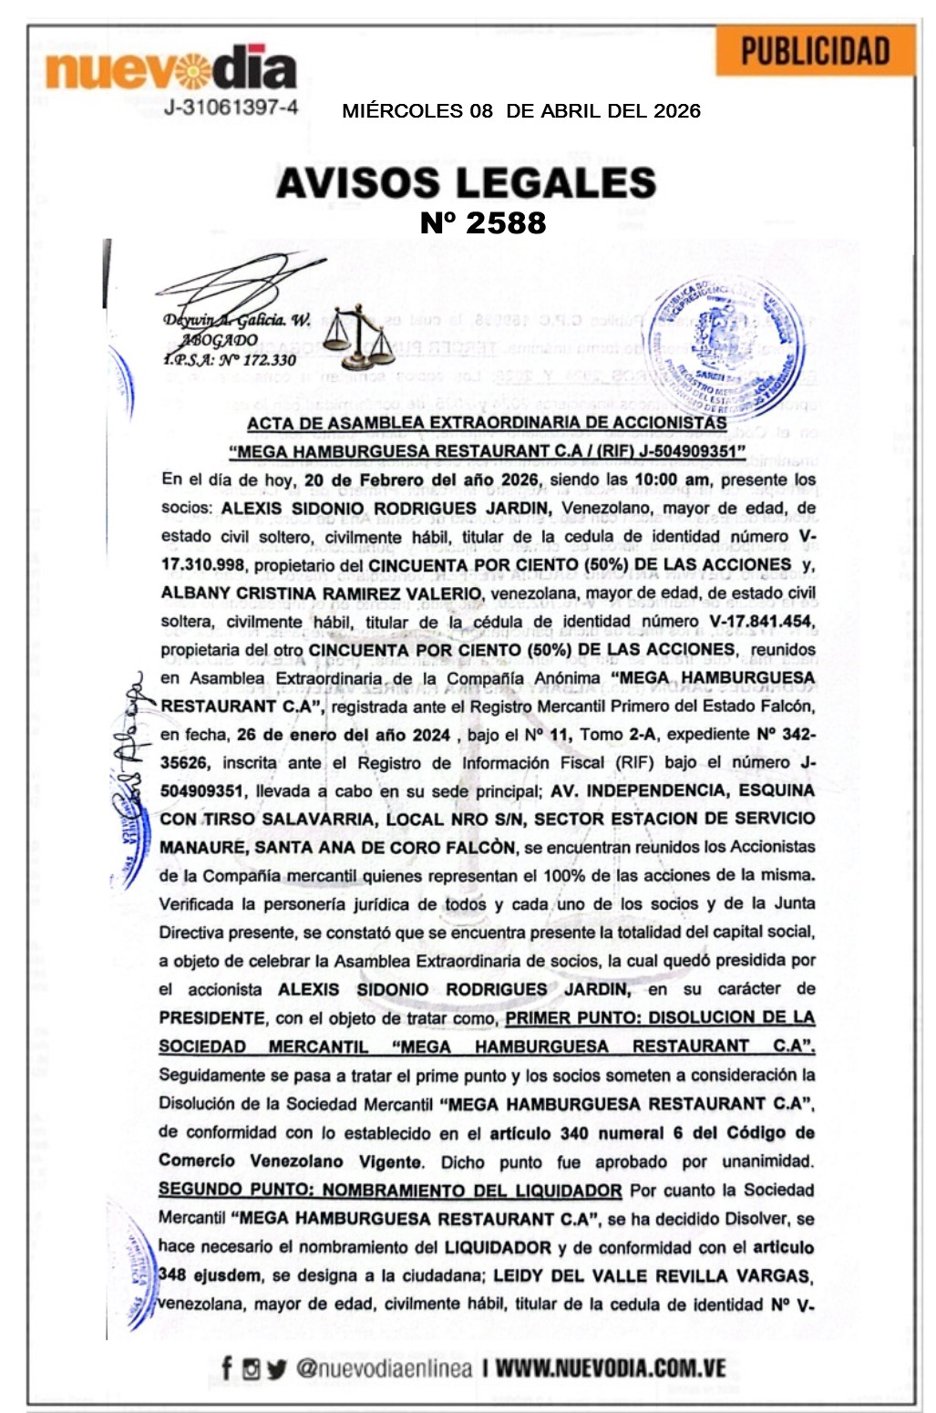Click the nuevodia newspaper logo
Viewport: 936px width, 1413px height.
[x=171, y=67]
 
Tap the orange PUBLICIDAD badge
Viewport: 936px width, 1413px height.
[x=815, y=51]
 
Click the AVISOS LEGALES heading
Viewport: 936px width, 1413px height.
[x=466, y=182]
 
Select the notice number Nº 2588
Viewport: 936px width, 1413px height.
[x=483, y=222]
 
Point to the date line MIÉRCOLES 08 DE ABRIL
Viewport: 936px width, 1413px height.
[x=520, y=111]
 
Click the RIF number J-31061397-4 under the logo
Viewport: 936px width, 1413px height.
[x=231, y=108]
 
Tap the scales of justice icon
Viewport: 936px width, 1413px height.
[x=358, y=335]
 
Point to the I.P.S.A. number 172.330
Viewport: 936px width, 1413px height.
[x=230, y=360]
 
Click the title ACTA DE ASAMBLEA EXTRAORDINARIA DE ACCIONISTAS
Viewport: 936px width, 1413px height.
[x=487, y=423]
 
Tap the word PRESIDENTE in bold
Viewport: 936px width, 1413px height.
[x=212, y=1017]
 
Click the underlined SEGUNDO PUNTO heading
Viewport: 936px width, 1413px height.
[x=390, y=1190]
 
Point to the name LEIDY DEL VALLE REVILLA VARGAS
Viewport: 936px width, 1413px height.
[x=652, y=1275]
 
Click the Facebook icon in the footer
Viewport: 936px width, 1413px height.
[x=227, y=1367]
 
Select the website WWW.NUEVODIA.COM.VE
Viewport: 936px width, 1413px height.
[x=611, y=1368]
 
